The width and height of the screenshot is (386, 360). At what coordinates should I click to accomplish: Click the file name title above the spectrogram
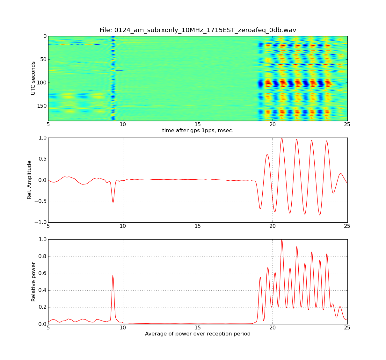[198, 30]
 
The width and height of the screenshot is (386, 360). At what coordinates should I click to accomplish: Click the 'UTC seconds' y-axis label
[33, 78]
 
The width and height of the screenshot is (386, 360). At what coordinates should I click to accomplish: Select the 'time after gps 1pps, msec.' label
[198, 130]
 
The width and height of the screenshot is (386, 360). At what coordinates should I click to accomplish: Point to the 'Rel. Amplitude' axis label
[29, 180]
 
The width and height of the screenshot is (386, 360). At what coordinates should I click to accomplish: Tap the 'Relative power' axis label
[33, 282]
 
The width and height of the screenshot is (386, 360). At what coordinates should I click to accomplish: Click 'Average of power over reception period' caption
[198, 334]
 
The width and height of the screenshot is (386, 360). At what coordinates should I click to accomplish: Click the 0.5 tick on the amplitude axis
[43, 159]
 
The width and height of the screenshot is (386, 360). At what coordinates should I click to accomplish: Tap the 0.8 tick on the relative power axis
[43, 256]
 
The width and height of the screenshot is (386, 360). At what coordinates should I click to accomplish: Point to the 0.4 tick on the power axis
[43, 290]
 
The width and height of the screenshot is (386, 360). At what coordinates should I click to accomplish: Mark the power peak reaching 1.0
[281, 240]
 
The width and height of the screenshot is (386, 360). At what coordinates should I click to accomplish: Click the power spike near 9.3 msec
[113, 276]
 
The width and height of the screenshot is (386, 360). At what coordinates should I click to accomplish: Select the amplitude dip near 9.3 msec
[113, 202]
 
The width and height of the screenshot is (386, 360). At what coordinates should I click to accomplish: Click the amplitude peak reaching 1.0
[281, 138]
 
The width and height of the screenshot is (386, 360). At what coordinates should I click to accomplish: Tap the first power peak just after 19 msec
[260, 277]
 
